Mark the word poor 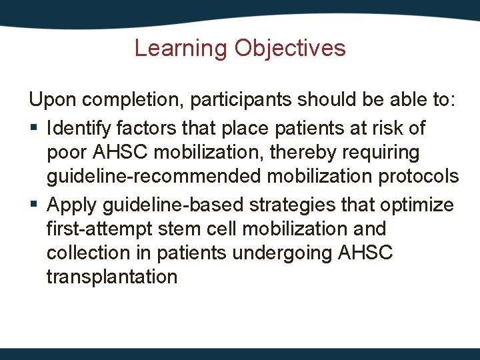click(x=68, y=153)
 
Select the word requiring click(x=386, y=153)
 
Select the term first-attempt click(x=99, y=229)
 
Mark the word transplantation click(x=111, y=277)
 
